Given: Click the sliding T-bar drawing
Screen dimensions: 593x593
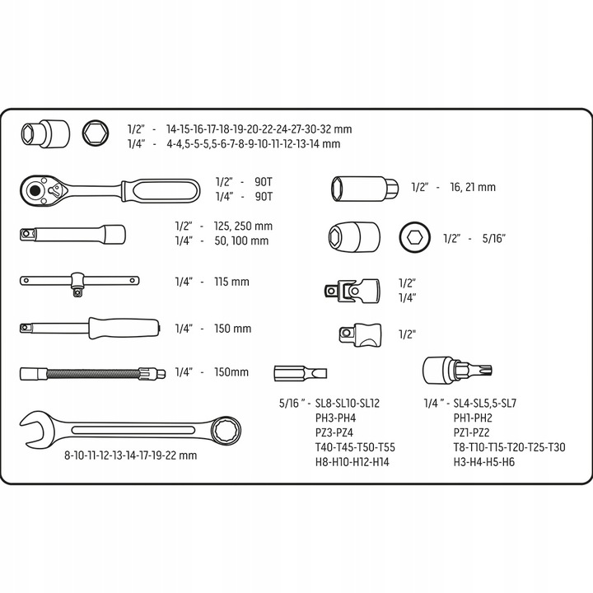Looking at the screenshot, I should tap(77, 282).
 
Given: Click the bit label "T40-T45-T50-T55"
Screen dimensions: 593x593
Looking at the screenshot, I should tap(355, 447).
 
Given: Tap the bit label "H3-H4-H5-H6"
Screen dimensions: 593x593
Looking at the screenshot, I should tap(484, 462).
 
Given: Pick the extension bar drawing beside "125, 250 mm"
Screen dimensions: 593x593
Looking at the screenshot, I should tap(73, 233).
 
